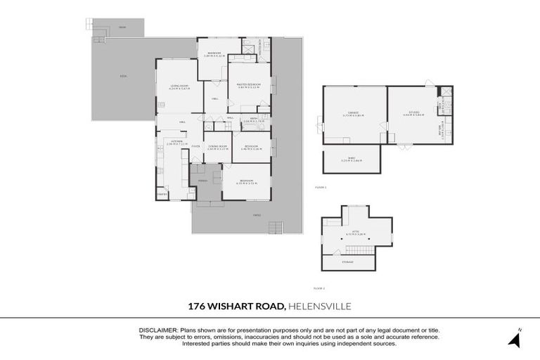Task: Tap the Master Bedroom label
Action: pyautogui.click(x=250, y=84)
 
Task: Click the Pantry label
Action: pyautogui.click(x=162, y=193)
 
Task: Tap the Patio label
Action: pyautogui.click(x=257, y=215)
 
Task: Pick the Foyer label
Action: pyautogui.click(x=196, y=146)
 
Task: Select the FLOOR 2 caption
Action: pyautogui.click(x=319, y=288)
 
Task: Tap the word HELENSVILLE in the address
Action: pyautogui.click(x=321, y=306)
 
